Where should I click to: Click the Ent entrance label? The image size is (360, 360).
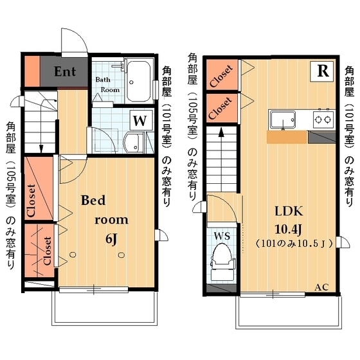point(65,71)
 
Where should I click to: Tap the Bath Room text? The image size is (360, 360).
point(107,85)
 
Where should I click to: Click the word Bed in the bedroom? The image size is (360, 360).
point(93,200)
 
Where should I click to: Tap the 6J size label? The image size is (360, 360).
point(111,239)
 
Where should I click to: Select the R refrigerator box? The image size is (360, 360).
point(321,71)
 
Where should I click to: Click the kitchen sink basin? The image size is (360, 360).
point(283,120)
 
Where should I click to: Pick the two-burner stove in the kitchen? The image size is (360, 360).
point(322,120)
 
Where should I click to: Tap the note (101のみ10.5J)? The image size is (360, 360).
point(292,244)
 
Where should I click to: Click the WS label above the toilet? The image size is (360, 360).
point(221,235)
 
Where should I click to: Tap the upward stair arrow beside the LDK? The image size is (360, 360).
point(221,136)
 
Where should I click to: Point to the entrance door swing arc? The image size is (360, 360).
point(72,40)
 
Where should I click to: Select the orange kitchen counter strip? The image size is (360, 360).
point(286,137)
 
